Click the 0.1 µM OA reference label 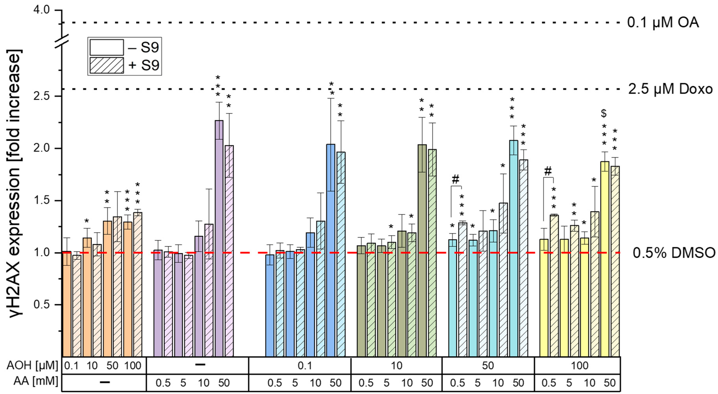click(x=663, y=23)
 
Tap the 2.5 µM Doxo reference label click(x=670, y=89)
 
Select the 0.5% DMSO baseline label click(x=674, y=253)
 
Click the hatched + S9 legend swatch click(x=107, y=65)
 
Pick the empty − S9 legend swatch click(x=107, y=47)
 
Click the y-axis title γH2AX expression click(x=15, y=184)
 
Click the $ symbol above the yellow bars click(x=604, y=113)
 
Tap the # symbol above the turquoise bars click(x=455, y=180)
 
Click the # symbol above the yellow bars click(x=548, y=171)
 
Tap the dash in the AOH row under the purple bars click(x=200, y=364)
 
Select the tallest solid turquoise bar click(x=514, y=248)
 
